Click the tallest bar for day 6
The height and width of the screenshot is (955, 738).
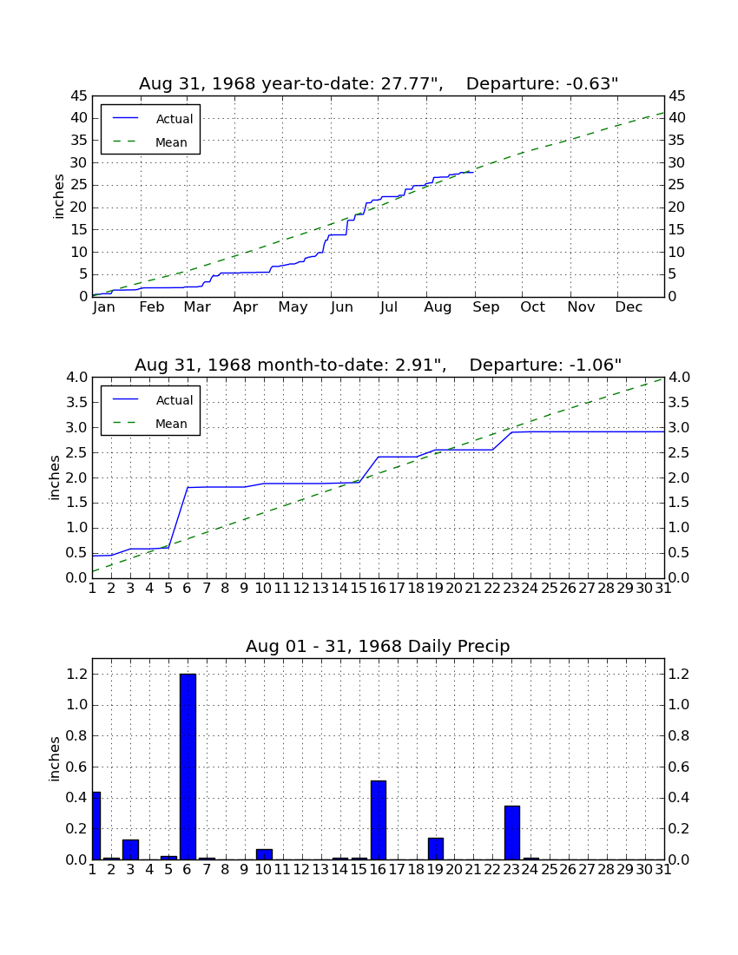[188, 767]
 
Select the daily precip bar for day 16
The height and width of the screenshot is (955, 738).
[379, 820]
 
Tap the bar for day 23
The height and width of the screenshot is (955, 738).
[512, 833]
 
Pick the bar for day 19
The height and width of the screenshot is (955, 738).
[435, 848]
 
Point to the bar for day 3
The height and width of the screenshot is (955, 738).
[130, 850]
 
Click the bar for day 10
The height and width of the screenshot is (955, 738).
[264, 854]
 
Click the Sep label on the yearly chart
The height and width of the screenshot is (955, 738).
[486, 307]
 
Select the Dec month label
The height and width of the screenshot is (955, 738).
[629, 307]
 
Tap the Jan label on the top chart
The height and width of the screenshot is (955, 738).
[103, 307]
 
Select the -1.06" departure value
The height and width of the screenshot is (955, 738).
[596, 365]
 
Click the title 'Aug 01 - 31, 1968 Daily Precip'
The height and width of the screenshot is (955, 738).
[378, 646]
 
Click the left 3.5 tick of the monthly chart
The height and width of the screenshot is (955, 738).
[76, 403]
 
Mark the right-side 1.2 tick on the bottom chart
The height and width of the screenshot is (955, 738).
[679, 675]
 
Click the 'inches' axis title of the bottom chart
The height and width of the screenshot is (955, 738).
[55, 759]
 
